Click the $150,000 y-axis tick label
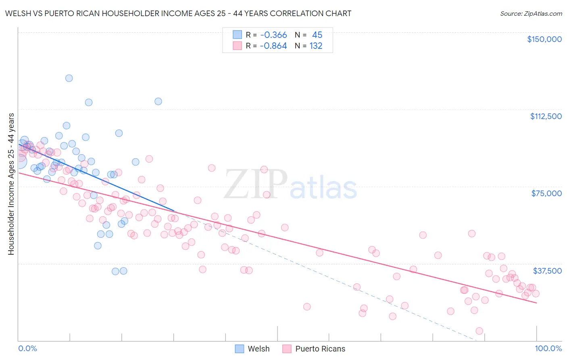[x=544, y=39]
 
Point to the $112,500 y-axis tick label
[x=546, y=116]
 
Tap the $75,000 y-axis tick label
[x=546, y=193]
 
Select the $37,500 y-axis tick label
[x=547, y=271]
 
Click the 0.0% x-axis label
[x=27, y=348]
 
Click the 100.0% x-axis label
[x=548, y=348]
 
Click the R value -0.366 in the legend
[x=273, y=35]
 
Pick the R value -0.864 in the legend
[x=273, y=46]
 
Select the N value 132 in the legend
[x=316, y=46]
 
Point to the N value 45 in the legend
[x=317, y=35]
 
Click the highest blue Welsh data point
[x=69, y=78]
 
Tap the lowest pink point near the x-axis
[x=479, y=331]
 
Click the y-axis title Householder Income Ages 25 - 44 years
[x=11, y=184]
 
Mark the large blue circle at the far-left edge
[x=19, y=161]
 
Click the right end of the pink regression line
[x=536, y=303]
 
